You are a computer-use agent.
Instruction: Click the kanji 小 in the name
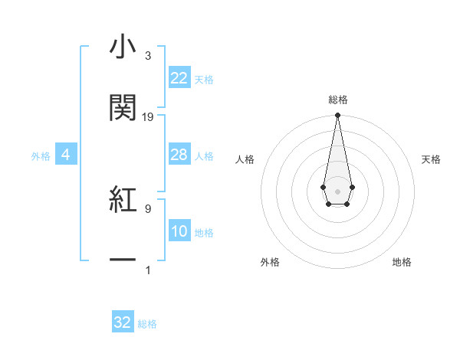tap(123, 48)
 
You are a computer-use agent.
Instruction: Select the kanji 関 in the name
tap(123, 109)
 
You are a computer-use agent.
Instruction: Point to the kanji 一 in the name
tap(123, 260)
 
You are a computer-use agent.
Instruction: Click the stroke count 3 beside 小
tap(147, 57)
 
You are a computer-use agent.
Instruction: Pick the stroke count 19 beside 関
tap(148, 117)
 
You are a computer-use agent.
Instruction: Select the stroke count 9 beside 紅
tap(147, 208)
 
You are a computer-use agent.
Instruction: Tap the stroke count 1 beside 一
tap(147, 270)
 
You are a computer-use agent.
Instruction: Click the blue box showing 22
tap(179, 78)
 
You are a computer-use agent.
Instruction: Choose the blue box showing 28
tap(179, 155)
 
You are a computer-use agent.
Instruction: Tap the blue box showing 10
tap(179, 231)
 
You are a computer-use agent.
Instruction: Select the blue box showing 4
tap(66, 155)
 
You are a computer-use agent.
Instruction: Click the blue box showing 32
tap(123, 322)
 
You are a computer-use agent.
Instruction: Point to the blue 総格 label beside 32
tap(147, 324)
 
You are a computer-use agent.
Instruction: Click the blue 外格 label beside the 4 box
tap(41, 156)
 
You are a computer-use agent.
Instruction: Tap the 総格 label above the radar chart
tap(337, 100)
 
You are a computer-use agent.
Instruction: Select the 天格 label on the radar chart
tap(432, 159)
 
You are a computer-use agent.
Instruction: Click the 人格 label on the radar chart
tap(245, 159)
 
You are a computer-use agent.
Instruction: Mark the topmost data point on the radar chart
tap(337, 116)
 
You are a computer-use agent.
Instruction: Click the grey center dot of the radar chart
tap(337, 190)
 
